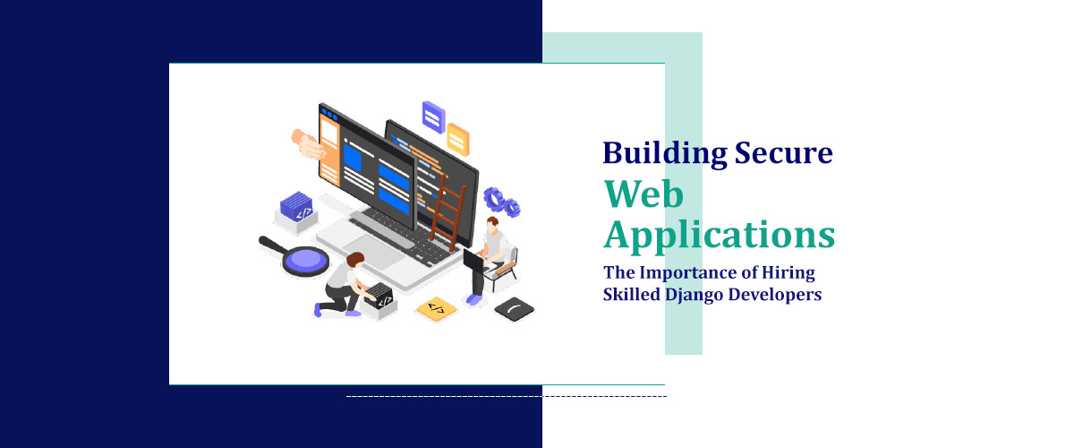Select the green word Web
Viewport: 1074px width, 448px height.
point(644,194)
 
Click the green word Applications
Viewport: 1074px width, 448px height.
point(719,235)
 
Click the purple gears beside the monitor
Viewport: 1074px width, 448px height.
point(502,202)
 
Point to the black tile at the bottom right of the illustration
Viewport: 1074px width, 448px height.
point(515,308)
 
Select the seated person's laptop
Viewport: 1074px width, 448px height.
point(473,260)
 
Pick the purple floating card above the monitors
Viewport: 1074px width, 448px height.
point(433,115)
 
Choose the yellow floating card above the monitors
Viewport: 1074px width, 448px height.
point(457,139)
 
